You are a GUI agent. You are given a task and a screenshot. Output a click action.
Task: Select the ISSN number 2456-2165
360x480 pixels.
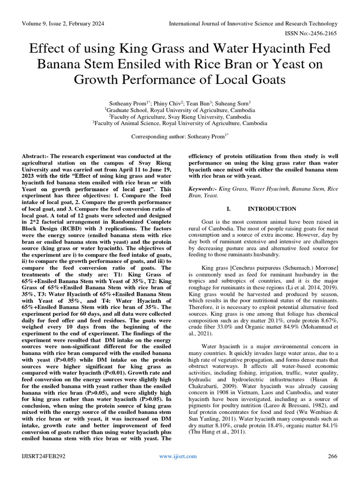[x=322, y=34]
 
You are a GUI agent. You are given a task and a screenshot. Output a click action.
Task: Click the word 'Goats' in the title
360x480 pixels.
[x=266, y=79]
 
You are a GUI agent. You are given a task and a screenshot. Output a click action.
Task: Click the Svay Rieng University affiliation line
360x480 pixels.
[x=180, y=116]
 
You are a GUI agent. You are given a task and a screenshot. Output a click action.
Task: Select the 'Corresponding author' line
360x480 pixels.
[x=180, y=136]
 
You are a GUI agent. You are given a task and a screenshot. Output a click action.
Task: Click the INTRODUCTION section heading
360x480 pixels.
[x=272, y=209]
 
